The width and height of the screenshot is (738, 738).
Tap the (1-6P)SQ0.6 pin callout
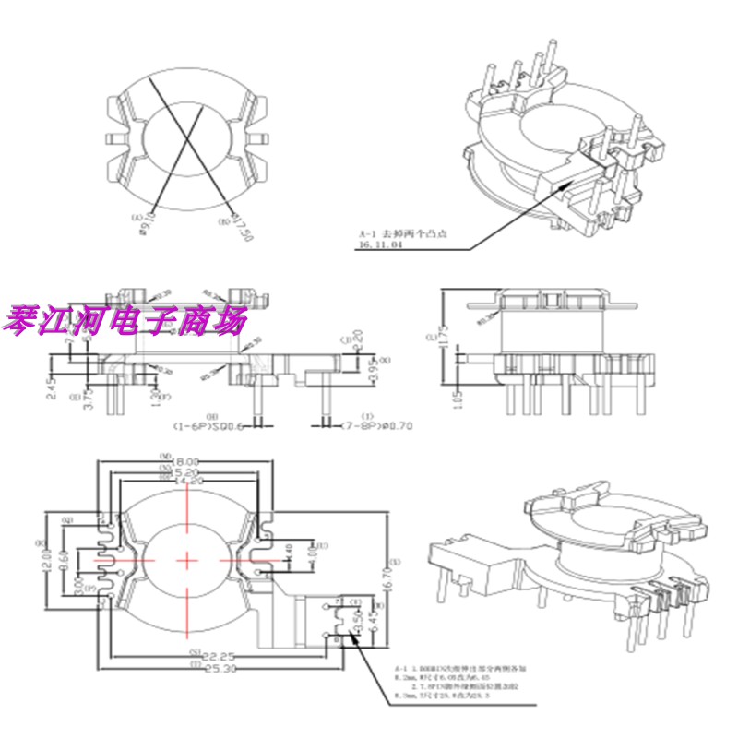209,427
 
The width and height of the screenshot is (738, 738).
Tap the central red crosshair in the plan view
186,559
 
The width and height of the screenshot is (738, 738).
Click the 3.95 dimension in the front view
348,371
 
